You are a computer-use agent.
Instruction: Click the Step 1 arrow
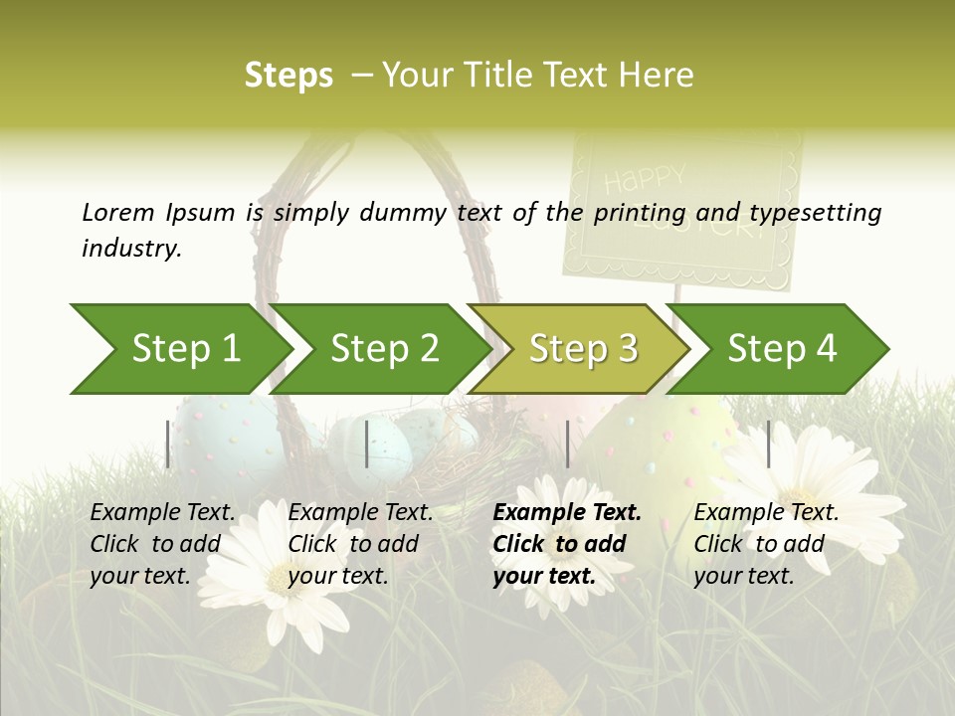(184, 349)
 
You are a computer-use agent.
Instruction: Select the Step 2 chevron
(383, 349)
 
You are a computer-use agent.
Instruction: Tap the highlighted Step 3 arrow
(582, 349)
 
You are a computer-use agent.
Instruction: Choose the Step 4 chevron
(782, 349)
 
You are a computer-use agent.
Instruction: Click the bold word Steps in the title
(288, 76)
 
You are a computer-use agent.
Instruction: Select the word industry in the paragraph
(131, 248)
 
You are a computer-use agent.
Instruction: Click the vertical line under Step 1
(168, 444)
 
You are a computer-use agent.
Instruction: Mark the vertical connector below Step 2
(367, 444)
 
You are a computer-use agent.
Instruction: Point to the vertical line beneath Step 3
(567, 444)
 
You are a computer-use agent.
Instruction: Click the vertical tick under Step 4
(768, 444)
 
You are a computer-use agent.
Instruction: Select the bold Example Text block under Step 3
(566, 544)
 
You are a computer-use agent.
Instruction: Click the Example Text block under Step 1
(162, 544)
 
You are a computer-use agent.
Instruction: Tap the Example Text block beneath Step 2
(360, 544)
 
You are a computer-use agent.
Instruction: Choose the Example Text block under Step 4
(765, 544)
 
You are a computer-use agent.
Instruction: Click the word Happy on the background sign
(645, 180)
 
